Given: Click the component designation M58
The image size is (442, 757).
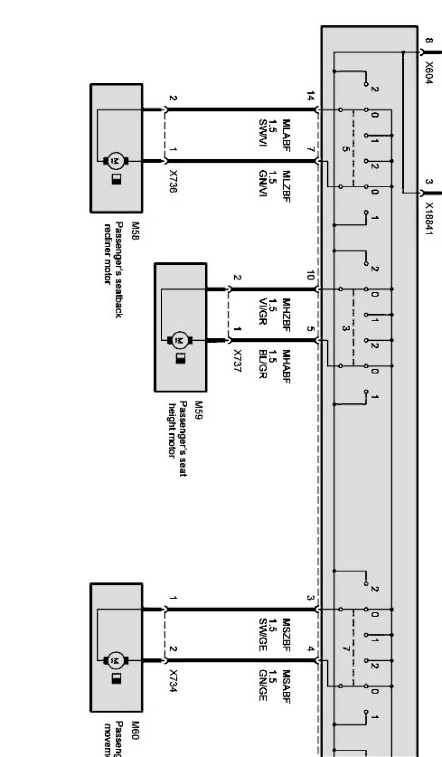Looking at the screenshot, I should click(135, 228).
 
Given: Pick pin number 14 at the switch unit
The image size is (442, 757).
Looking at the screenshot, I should click(310, 97).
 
